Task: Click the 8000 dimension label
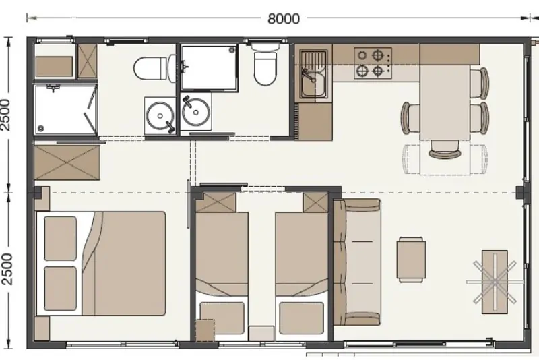(x=283, y=18)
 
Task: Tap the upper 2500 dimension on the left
(x=6, y=115)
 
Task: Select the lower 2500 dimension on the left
(x=7, y=269)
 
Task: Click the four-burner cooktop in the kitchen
(x=373, y=63)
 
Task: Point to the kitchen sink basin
(x=314, y=83)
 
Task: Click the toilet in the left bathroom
(x=151, y=69)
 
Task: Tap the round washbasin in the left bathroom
(x=160, y=115)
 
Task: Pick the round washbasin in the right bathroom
(x=196, y=112)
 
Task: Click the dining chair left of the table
(x=410, y=118)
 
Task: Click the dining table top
(x=445, y=102)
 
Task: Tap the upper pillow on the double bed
(x=60, y=238)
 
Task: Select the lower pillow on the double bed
(x=60, y=289)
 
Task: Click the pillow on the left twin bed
(x=222, y=318)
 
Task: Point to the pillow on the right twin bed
(x=301, y=318)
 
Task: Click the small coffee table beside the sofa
(x=411, y=260)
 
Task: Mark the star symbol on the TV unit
(x=495, y=282)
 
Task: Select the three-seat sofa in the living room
(x=357, y=262)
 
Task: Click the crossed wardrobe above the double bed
(x=67, y=162)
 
